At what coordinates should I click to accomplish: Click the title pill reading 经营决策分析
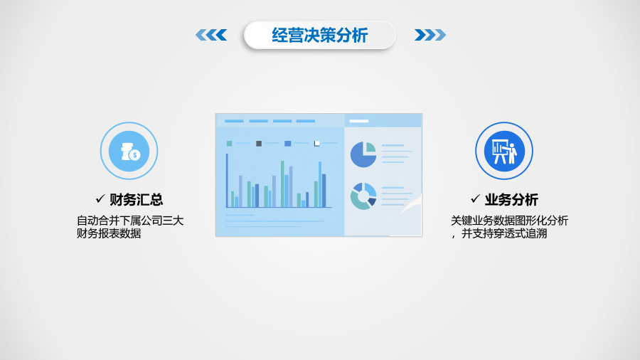pos(319,35)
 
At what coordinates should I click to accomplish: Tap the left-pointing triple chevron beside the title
pos(211,35)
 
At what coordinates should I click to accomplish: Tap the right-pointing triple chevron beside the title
pos(430,35)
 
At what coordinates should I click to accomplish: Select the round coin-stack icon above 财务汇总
pos(129,151)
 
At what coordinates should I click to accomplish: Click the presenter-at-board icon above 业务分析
pos(504,151)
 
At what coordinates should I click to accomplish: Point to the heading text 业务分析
pos(511,200)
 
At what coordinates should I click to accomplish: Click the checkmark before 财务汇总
pos(100,200)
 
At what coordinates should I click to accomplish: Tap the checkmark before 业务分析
pos(476,200)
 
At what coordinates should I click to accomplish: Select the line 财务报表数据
pos(108,233)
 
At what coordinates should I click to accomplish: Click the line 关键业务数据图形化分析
pos(509,221)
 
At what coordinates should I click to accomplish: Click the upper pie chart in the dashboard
pos(363,154)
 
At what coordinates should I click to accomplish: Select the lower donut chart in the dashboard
pos(363,196)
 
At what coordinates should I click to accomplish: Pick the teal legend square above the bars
pos(230,144)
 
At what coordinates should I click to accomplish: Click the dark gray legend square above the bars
pos(259,144)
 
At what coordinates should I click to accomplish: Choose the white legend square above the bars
pos(317,144)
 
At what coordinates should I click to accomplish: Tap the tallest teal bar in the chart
pos(282,184)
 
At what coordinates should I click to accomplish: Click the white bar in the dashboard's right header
pos(359,121)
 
